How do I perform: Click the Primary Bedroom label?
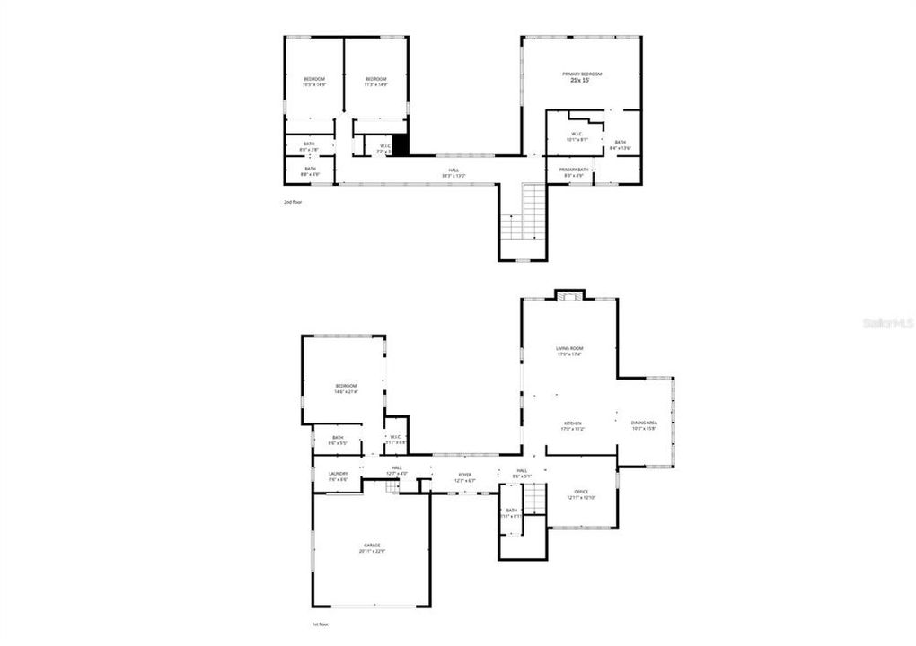pos(582,74)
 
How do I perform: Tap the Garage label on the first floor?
pos(372,546)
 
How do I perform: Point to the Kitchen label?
pos(573,423)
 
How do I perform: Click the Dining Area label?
pos(644,423)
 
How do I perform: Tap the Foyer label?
pos(465,475)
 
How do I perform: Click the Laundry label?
pos(338,474)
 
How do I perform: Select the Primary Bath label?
pos(574,170)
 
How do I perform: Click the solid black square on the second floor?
pos(401,144)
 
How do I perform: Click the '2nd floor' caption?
pos(293,202)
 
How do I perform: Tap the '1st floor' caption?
pos(321,624)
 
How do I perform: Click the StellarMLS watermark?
pos(890,322)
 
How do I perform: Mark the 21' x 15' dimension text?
pos(580,81)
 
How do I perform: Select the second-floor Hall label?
pos(454,170)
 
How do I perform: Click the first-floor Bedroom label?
pos(346,386)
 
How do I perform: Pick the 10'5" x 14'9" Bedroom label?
pos(313,79)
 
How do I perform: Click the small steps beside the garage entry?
pos(392,485)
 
